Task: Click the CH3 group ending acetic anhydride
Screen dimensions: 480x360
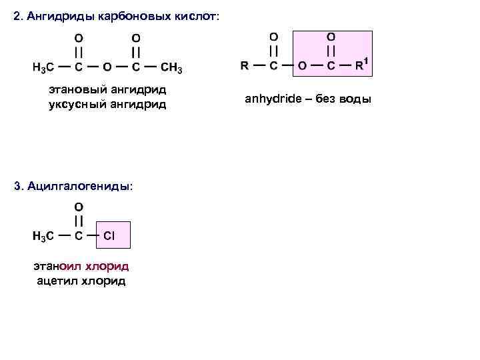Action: click(x=171, y=68)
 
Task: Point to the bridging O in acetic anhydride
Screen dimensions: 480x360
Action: click(x=107, y=68)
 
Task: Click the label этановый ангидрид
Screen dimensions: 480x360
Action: click(x=107, y=89)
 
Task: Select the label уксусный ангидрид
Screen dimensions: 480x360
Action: click(x=107, y=104)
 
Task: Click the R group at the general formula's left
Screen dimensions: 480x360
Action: click(x=244, y=65)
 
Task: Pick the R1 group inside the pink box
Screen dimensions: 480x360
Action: click(x=362, y=65)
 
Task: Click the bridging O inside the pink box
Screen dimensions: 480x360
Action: click(x=302, y=65)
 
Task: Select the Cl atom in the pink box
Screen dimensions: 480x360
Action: click(x=109, y=235)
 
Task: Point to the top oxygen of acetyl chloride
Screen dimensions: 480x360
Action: click(x=79, y=207)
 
